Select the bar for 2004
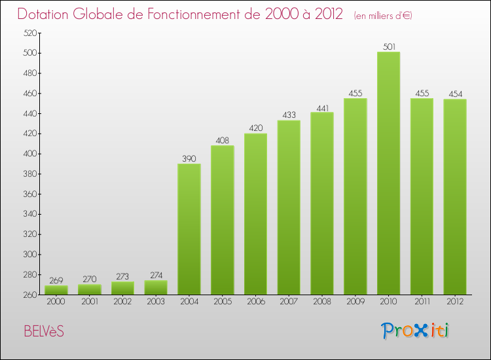(x=189, y=229)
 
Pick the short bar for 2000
(x=56, y=290)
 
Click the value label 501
(x=388, y=46)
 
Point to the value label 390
(x=189, y=158)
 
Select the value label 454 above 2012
(x=455, y=94)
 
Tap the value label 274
(x=156, y=276)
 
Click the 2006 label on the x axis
(x=255, y=302)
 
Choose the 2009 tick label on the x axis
(x=355, y=302)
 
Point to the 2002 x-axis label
(x=122, y=302)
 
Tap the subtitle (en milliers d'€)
(x=382, y=15)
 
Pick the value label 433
(x=289, y=115)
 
